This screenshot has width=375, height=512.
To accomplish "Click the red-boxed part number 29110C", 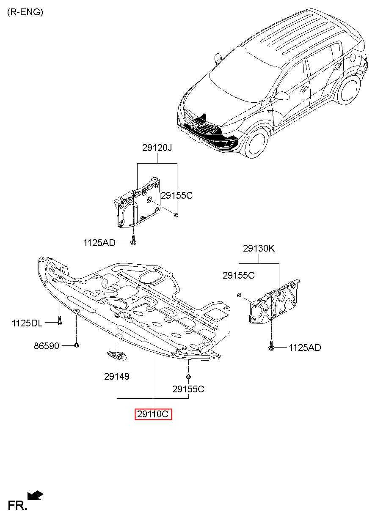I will pyautogui.click(x=153, y=414).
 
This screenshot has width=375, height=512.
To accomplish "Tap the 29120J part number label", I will pyautogui.click(x=157, y=148).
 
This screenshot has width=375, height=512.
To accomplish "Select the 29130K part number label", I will pyautogui.click(x=259, y=249).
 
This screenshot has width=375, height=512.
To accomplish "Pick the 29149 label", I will pyautogui.click(x=116, y=376).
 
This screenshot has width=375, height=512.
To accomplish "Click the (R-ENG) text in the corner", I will pyautogui.click(x=25, y=12).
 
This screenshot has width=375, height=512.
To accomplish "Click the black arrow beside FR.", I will pyautogui.click(x=35, y=495).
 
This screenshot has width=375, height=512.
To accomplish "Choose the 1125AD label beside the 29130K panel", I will pyautogui.click(x=305, y=348).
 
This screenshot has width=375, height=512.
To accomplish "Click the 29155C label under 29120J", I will pyautogui.click(x=176, y=195).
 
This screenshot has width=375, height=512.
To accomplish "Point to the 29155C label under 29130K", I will pyautogui.click(x=238, y=275).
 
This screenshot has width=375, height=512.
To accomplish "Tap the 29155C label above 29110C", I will pyautogui.click(x=188, y=389).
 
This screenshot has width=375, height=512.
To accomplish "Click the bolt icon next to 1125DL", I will pyautogui.click(x=60, y=321).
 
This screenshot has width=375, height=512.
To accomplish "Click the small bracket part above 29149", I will pyautogui.click(x=116, y=356).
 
